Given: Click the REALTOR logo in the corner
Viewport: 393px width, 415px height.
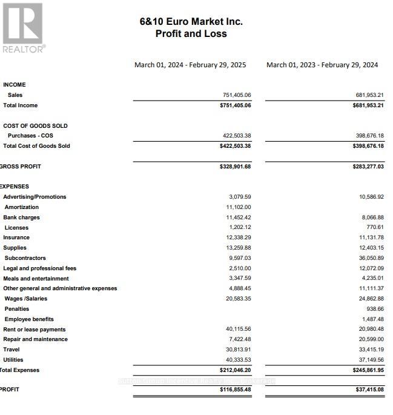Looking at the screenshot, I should (23, 27).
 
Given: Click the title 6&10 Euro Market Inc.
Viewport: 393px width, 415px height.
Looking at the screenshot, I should (191, 21).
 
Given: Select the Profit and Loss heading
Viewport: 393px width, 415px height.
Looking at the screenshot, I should (191, 34).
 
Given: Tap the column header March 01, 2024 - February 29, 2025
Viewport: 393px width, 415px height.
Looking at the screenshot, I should (190, 65).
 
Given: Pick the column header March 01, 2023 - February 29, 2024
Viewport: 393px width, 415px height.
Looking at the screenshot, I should (322, 65).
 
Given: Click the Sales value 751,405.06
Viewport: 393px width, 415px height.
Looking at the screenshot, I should (237, 95).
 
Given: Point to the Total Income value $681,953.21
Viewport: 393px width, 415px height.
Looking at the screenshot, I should (368, 105).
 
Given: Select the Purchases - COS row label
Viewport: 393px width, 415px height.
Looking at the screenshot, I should (30, 136).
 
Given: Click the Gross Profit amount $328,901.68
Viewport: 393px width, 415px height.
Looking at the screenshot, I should (235, 167).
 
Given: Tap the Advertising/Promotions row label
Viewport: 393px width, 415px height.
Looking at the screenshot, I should (35, 197).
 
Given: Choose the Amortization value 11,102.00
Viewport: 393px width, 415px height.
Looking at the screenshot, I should (239, 207).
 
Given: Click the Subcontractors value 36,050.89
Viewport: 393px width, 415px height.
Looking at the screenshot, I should (371, 258).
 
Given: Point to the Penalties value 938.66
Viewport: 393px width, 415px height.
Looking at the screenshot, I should (374, 309).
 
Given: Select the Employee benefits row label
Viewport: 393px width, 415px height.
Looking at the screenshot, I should (29, 319).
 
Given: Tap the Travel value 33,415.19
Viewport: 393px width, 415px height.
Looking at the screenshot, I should (371, 350).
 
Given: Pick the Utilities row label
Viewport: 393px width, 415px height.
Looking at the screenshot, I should (13, 360).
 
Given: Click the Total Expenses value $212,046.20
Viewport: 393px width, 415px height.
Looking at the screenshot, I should (235, 370).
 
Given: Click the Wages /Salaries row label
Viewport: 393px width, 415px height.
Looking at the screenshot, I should (25, 299).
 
